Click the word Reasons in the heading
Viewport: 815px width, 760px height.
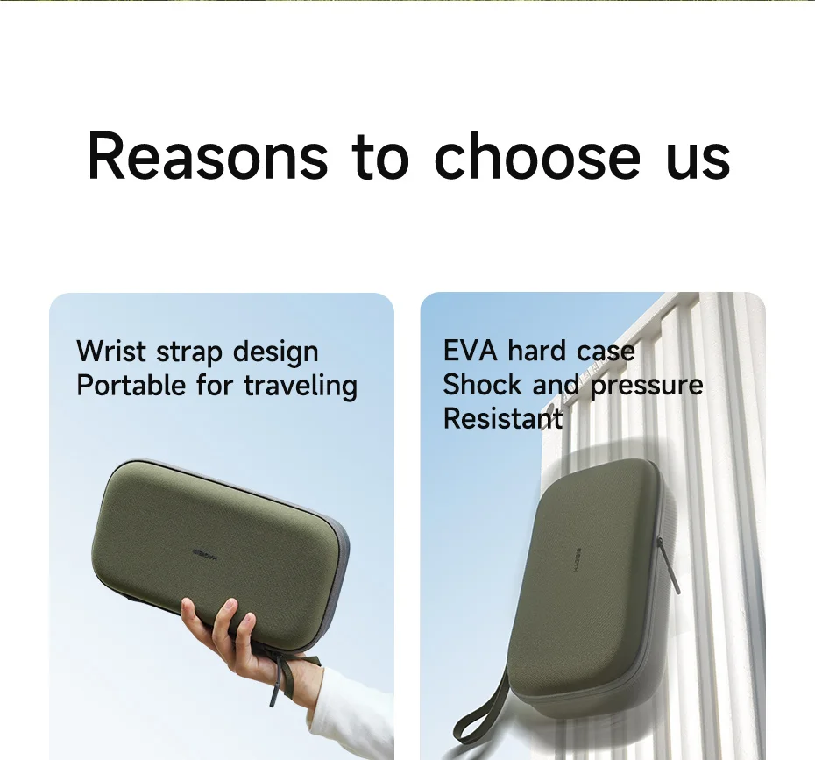click(x=208, y=155)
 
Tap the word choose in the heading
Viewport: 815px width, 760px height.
click(x=537, y=155)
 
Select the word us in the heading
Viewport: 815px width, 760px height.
click(x=698, y=160)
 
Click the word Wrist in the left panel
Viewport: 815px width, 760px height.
click(x=111, y=351)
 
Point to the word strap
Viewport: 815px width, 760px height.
click(x=189, y=353)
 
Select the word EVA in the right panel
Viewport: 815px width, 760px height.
click(x=470, y=351)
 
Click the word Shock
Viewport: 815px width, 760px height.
click(x=482, y=385)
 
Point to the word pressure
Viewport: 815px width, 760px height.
click(x=647, y=387)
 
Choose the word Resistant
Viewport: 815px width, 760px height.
click(x=503, y=418)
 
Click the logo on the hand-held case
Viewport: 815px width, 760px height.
click(x=206, y=554)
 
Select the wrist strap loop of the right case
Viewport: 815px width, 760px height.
click(x=479, y=708)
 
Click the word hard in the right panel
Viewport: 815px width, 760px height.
click(x=537, y=351)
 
